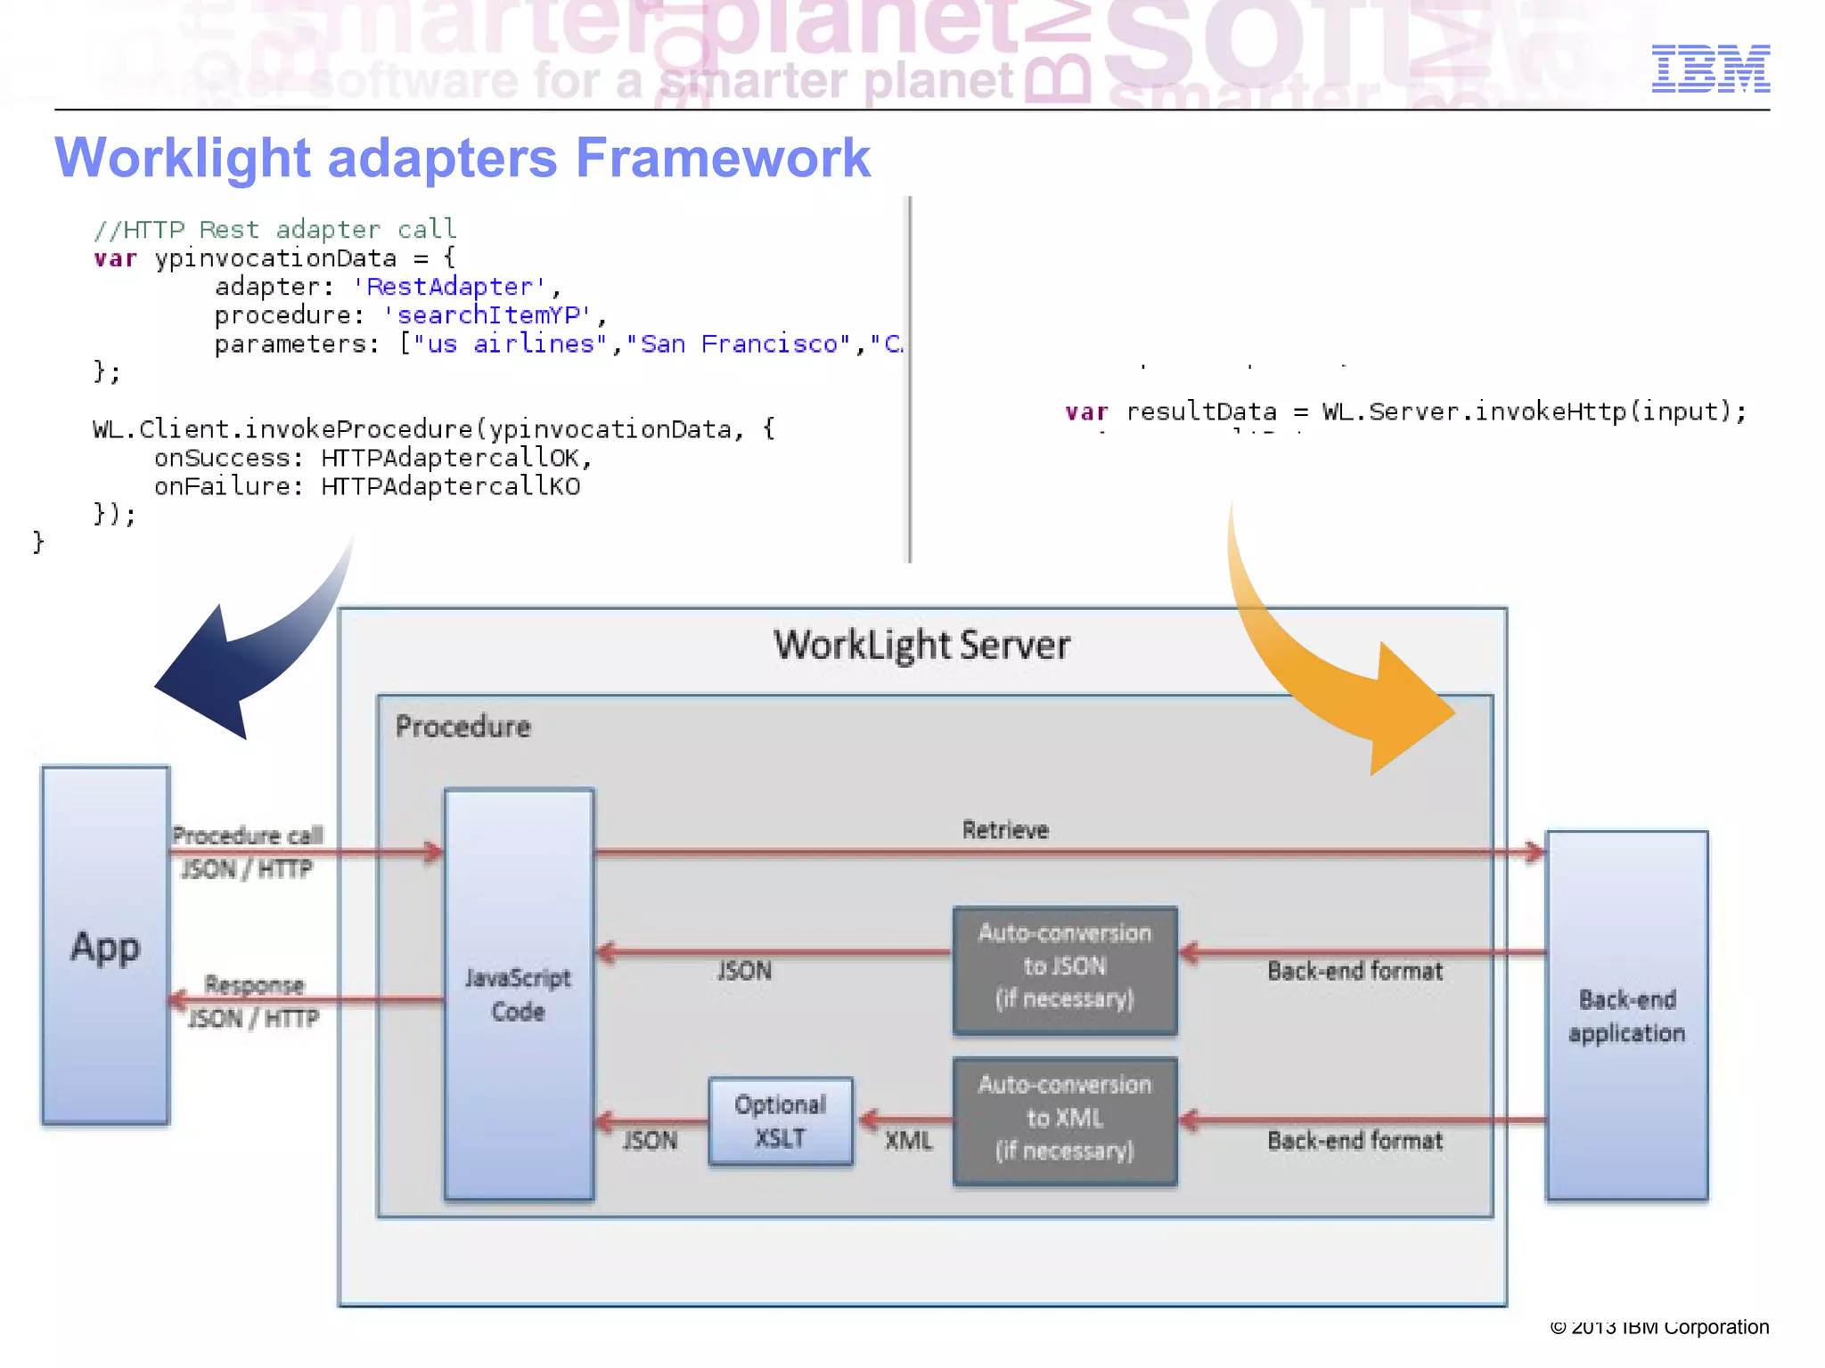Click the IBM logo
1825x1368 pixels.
[1710, 69]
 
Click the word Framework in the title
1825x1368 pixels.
[723, 159]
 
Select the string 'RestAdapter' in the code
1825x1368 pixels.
[450, 287]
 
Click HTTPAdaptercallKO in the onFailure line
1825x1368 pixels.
[450, 486]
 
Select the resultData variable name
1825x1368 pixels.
[1200, 411]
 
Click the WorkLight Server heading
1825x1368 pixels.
[921, 645]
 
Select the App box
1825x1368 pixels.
[105, 946]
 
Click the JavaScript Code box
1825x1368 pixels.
[519, 994]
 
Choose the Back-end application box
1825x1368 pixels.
[1626, 1015]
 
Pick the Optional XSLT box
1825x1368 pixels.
[780, 1121]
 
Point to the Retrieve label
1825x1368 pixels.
[1005, 830]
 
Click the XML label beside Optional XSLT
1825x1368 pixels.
[908, 1141]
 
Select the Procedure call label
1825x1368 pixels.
[248, 835]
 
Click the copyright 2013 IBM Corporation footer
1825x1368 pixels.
[1659, 1328]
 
